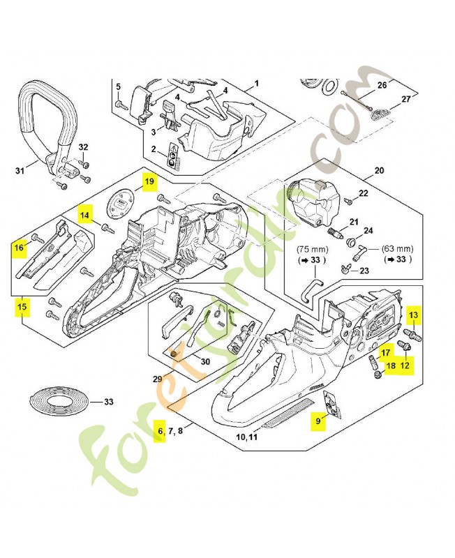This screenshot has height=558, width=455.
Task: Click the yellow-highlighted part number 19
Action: click(x=149, y=183)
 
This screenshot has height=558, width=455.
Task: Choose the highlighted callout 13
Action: click(x=413, y=315)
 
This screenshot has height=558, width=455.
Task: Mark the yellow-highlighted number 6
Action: click(x=161, y=432)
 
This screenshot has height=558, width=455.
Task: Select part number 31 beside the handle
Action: click(x=20, y=170)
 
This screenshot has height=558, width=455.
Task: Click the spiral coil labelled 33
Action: click(x=59, y=403)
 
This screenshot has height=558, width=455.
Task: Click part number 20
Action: click(x=380, y=171)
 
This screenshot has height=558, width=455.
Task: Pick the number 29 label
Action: click(x=158, y=378)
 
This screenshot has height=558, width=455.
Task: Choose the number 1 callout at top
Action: click(x=256, y=82)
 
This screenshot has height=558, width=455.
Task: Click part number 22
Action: click(x=363, y=193)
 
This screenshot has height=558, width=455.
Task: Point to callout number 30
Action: click(x=204, y=361)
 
